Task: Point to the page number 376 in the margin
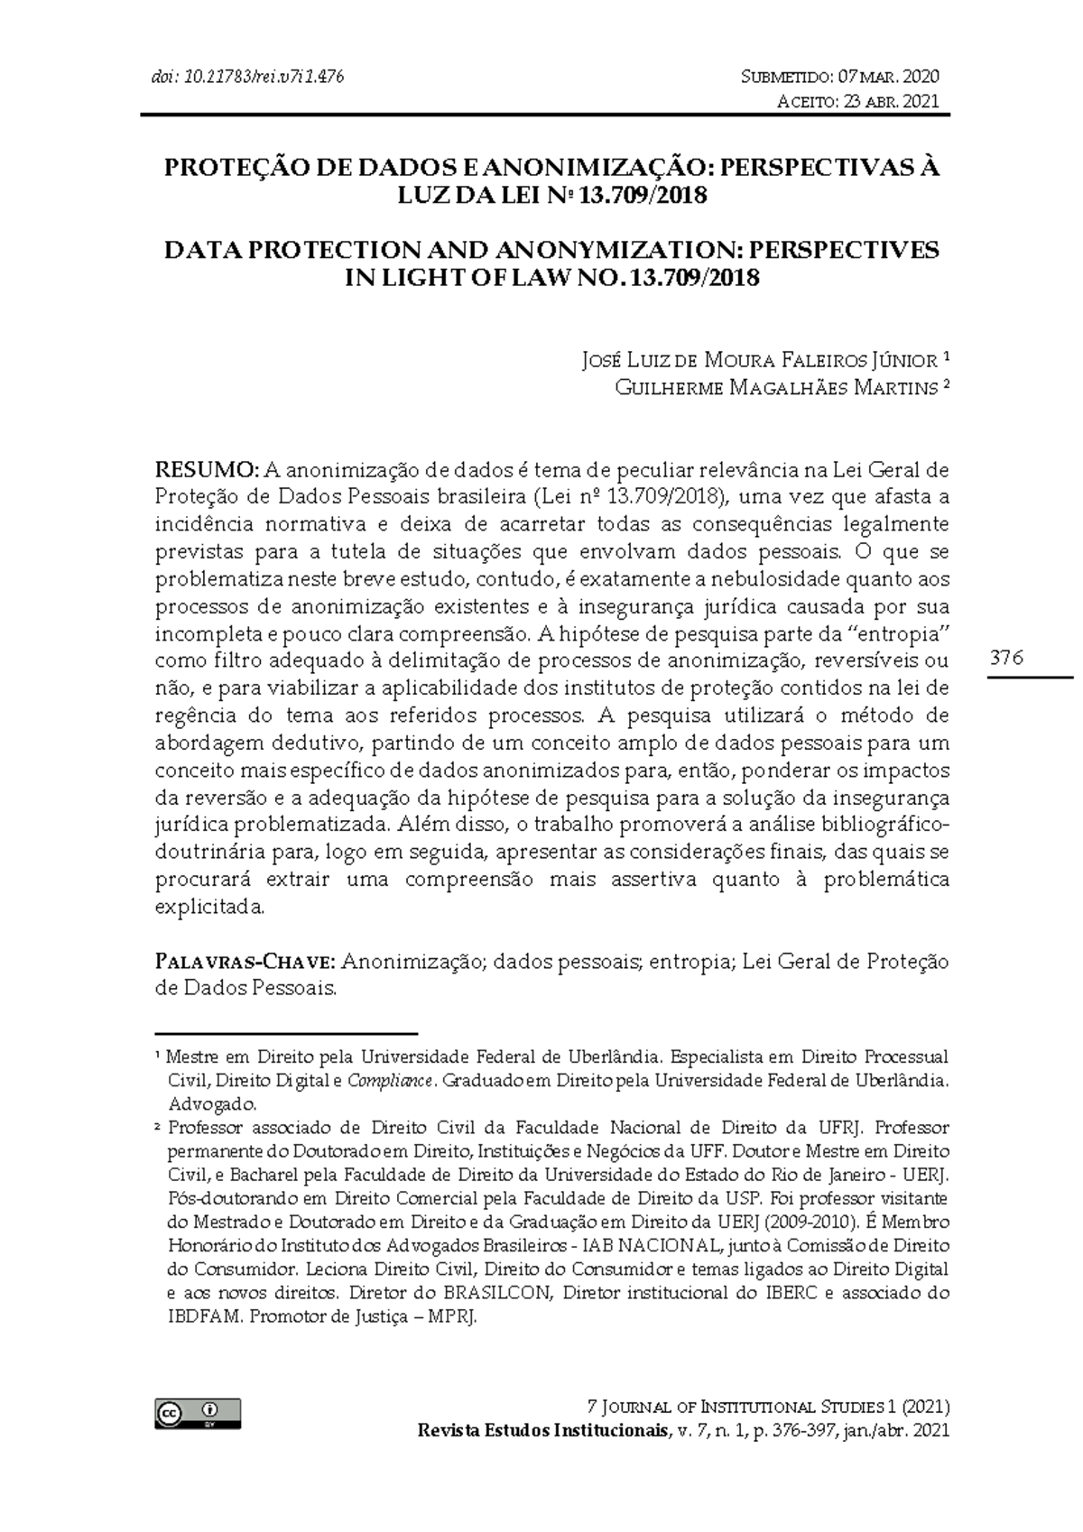[1007, 658]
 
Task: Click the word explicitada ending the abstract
[210, 907]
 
